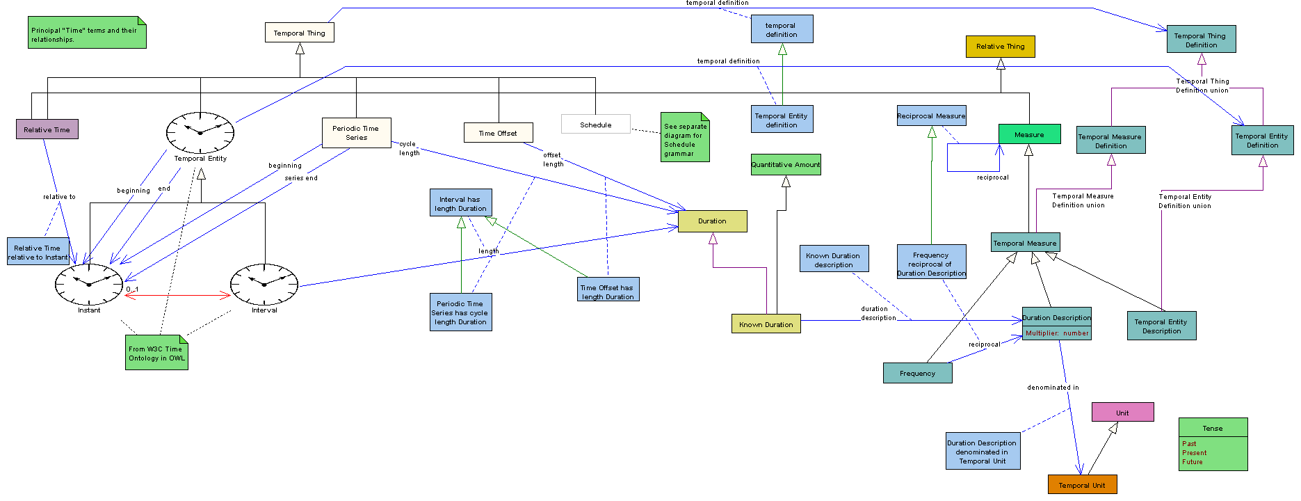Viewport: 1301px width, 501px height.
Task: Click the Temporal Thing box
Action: click(x=299, y=33)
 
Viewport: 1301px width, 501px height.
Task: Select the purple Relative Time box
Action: click(x=47, y=129)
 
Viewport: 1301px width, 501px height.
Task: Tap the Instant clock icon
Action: click(x=89, y=284)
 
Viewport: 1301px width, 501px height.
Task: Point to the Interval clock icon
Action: click(x=264, y=284)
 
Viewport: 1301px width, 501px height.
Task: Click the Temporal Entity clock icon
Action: click(x=200, y=132)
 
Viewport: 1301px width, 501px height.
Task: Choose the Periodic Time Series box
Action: click(x=357, y=133)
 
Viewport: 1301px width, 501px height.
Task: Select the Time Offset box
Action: click(x=499, y=133)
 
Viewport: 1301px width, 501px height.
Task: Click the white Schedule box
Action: click(x=596, y=125)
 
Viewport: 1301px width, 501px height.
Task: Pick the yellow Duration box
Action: click(x=713, y=221)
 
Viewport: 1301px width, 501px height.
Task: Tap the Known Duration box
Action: click(x=766, y=324)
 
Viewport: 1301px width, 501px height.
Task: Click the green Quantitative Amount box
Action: click(x=786, y=165)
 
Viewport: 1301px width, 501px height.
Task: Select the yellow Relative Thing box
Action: click(x=1001, y=47)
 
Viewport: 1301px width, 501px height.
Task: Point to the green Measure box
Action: click(x=1030, y=134)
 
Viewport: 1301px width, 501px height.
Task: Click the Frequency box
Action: click(x=918, y=373)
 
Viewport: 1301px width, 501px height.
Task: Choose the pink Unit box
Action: click(x=1123, y=413)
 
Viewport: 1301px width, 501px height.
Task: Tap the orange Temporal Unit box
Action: click(x=1083, y=485)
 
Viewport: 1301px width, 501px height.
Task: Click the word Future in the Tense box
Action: click(x=1193, y=462)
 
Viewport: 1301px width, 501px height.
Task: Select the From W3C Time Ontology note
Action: click(x=156, y=353)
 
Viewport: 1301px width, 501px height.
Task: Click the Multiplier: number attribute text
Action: click(x=1058, y=333)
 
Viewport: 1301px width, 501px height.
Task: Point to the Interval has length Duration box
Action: click(x=461, y=203)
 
